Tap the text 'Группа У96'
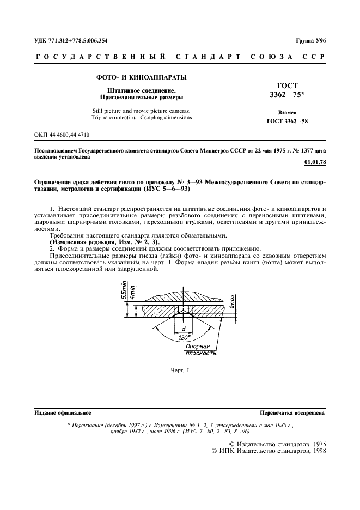pos(310,41)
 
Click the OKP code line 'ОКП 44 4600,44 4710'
pos(62,134)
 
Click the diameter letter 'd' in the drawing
pos(184,329)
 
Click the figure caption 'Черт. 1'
pos(179,371)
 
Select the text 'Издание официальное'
pos(63,413)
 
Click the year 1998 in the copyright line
pos(316,452)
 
